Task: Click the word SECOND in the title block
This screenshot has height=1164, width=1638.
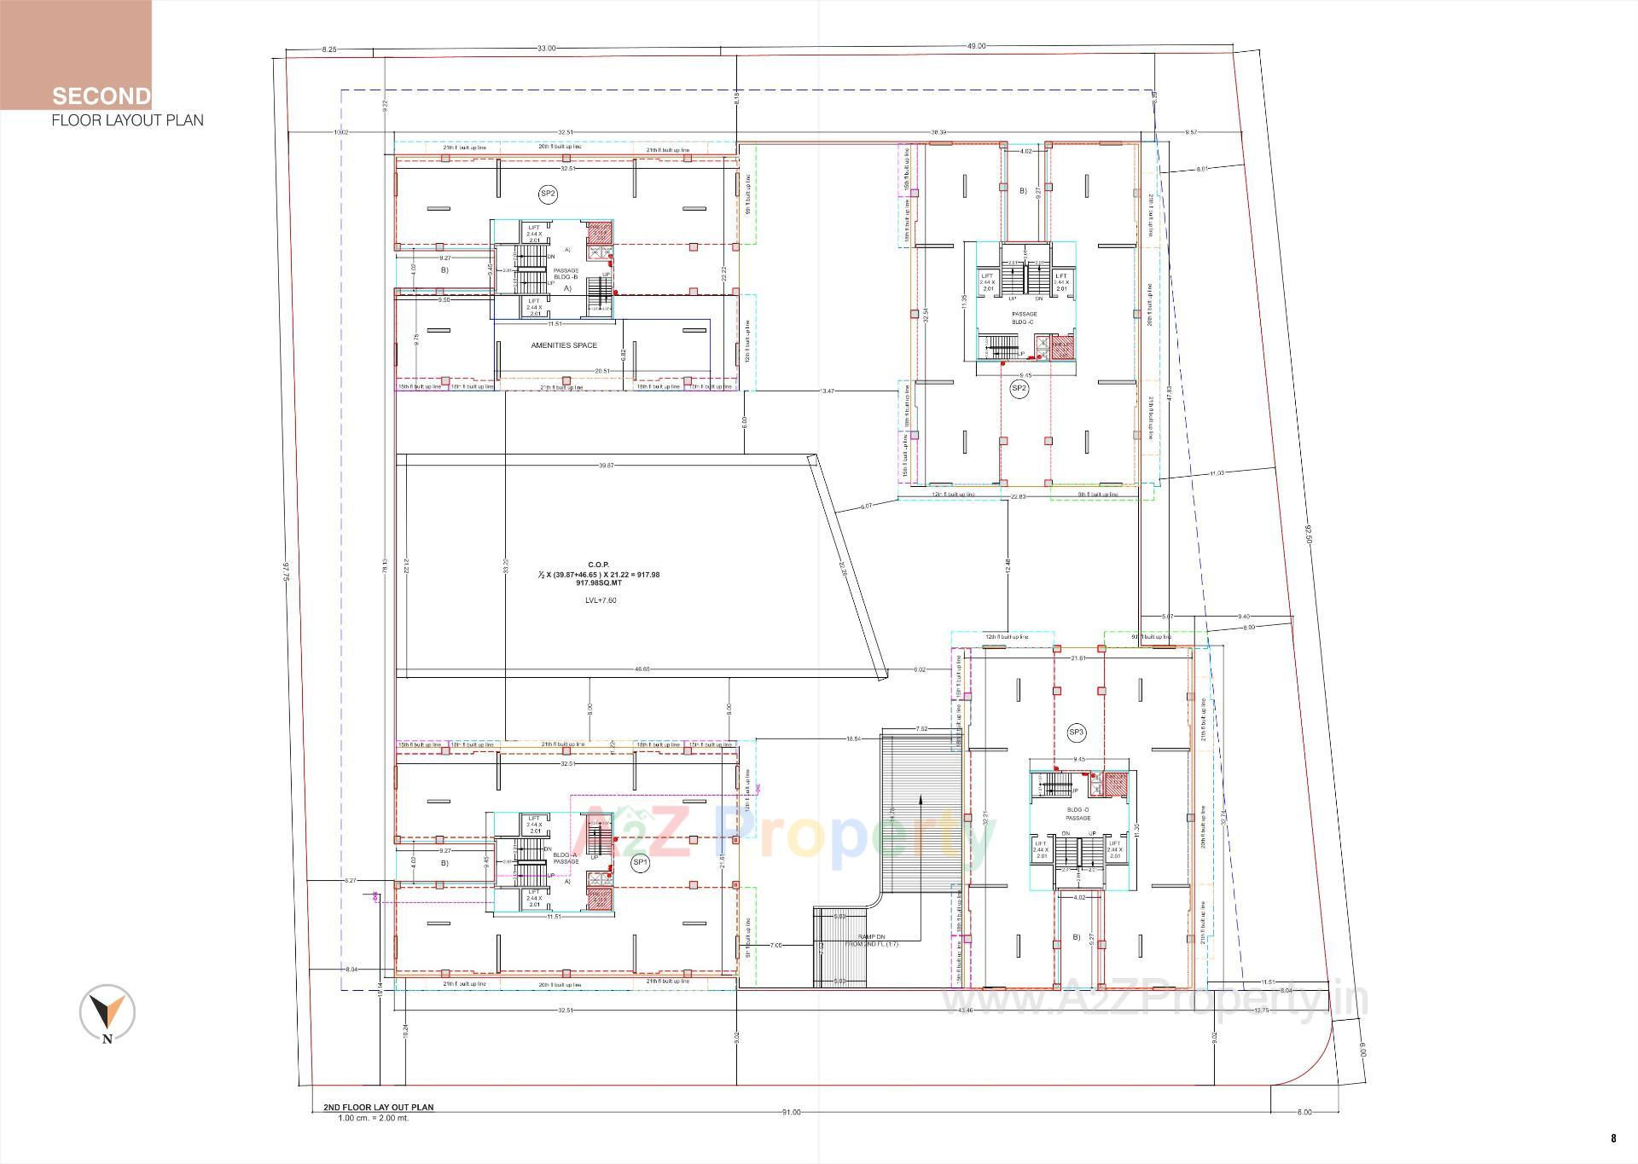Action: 101,96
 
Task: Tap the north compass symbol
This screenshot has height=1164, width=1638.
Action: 107,1013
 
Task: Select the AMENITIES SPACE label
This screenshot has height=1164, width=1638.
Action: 564,345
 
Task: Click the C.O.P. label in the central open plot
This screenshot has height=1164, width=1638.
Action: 598,565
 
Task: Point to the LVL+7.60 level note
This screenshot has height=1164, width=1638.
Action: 600,600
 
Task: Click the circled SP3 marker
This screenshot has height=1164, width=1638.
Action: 1077,733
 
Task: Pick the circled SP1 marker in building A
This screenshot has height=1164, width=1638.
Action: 640,862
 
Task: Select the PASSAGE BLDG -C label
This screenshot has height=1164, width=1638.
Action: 1024,318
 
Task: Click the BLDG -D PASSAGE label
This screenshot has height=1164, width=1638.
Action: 1077,814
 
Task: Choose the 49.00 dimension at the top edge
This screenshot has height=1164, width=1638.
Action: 976,46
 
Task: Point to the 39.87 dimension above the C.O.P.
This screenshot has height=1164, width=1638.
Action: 606,465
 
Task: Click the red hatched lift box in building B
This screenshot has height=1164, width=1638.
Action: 599,233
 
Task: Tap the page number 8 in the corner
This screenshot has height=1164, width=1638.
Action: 1613,1138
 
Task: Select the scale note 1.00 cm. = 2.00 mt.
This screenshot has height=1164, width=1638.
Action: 373,1118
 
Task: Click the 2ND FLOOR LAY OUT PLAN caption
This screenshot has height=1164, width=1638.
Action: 378,1108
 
